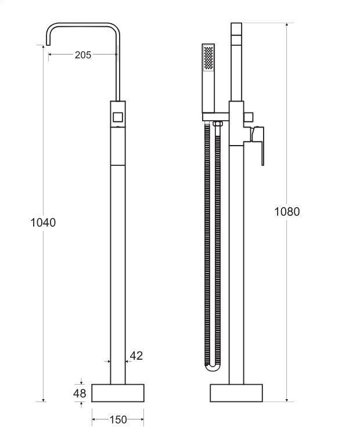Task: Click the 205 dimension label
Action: point(83,55)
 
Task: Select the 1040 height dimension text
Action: point(43,223)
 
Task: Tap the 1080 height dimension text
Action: point(287,212)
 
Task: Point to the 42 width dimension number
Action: point(136,356)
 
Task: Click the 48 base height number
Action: point(80,393)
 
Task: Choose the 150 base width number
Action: point(118,419)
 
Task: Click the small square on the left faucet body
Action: point(118,118)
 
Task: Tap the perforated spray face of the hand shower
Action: point(208,57)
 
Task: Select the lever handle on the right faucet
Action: point(258,144)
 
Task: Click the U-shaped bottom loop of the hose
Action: point(213,367)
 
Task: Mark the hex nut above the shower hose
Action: point(217,124)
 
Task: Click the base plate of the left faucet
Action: point(118,393)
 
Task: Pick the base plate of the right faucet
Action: point(236,393)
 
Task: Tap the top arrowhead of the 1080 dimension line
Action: point(287,25)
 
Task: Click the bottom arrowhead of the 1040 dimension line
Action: point(43,400)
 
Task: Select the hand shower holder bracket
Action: point(215,117)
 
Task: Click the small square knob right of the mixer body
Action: point(249,117)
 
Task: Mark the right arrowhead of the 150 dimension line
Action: point(142,419)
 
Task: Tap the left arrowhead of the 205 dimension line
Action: point(51,54)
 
